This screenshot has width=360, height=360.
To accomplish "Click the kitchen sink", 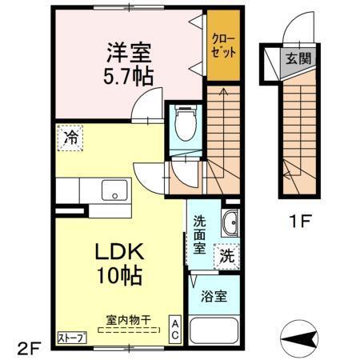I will tap(114, 192).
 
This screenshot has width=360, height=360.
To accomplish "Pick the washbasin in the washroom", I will tap(230, 223).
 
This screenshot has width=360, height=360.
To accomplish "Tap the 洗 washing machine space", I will tap(228, 258).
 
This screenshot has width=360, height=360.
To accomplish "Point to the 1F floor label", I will tap(301, 222).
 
